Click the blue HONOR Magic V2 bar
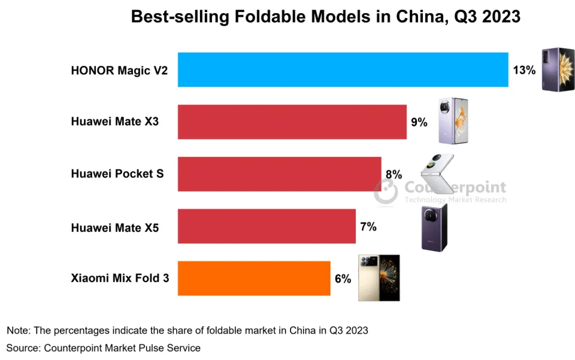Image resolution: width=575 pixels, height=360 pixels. click(343, 69)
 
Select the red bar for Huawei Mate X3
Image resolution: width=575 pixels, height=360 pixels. click(292, 122)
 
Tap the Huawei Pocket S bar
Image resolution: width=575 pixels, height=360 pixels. click(279, 174)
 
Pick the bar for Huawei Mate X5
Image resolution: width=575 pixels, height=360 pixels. click(267, 226)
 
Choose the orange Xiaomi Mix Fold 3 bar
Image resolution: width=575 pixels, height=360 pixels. click(254, 279)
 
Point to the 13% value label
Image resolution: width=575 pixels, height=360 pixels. click(524, 70)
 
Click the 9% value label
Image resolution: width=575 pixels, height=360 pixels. click(419, 122)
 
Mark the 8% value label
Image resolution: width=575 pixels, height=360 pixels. click(394, 174)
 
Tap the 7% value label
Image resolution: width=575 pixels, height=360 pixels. click(368, 226)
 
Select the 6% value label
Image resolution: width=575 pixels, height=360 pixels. click(343, 279)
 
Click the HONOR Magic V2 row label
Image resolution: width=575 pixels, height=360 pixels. click(119, 70)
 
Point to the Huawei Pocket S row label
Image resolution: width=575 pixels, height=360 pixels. click(117, 174)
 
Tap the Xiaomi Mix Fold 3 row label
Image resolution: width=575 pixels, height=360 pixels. click(120, 279)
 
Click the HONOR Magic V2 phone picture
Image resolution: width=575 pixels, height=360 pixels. click(558, 69)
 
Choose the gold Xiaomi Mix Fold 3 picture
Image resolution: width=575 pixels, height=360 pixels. click(379, 277)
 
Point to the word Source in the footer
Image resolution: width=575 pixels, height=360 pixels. click(21, 347)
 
